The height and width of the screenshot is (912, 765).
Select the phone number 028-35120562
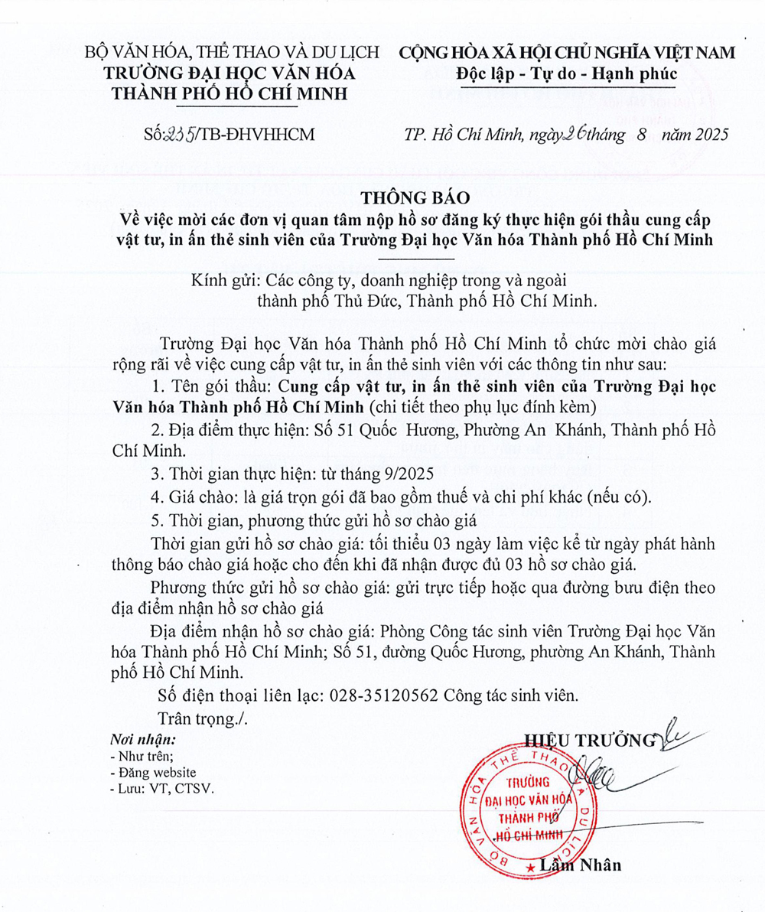click(x=382, y=696)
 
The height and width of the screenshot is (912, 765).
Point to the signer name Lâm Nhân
click(x=581, y=865)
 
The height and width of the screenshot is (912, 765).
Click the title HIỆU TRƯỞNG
click(x=590, y=740)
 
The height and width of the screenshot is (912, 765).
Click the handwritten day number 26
click(x=573, y=134)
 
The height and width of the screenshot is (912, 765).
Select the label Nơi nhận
click(x=142, y=740)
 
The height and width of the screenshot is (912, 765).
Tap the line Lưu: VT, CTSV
click(x=162, y=788)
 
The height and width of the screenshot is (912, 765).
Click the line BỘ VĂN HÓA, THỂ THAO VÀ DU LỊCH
click(x=232, y=53)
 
